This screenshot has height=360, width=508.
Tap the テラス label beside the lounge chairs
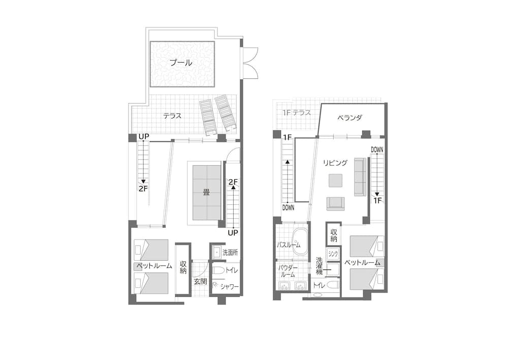pyautogui.click(x=172, y=116)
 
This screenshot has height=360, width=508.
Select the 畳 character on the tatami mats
pyautogui.click(x=206, y=192)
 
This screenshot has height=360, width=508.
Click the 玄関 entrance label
pyautogui.click(x=200, y=281)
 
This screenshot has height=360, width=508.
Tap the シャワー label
pyautogui.click(x=230, y=287)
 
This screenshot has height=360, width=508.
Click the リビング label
pyautogui.click(x=335, y=163)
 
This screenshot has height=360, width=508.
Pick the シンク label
pyautogui.click(x=333, y=253)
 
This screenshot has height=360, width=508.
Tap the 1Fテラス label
pyautogui.click(x=297, y=113)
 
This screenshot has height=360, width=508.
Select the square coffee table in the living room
pyautogui.click(x=335, y=181)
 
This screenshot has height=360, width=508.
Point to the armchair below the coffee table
pyautogui.click(x=335, y=203)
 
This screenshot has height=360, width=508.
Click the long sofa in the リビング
pyautogui.click(x=360, y=176)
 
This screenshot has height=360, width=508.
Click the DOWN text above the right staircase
pyautogui.click(x=377, y=149)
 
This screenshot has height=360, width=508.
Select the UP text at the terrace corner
pyautogui.click(x=143, y=137)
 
